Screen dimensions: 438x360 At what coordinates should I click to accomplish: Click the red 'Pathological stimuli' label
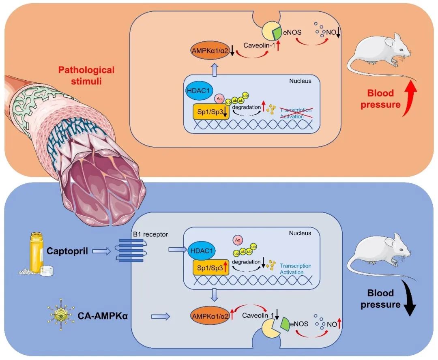point(86,75)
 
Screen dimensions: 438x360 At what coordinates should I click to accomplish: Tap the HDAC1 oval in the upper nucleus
point(198,90)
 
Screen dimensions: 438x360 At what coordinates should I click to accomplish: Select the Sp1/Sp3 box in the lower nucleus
point(211,268)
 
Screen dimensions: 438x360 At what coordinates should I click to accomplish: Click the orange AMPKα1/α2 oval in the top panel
point(210,51)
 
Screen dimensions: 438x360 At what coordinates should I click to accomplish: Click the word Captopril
point(67,251)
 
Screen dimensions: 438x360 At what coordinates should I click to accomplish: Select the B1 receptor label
point(150,234)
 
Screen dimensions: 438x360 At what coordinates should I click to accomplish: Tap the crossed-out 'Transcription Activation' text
point(296,113)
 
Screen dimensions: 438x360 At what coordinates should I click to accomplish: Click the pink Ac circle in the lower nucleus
point(237,240)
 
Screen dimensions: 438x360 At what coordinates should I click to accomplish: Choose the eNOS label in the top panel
point(292,32)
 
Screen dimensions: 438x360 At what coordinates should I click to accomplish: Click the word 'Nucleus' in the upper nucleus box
point(300,81)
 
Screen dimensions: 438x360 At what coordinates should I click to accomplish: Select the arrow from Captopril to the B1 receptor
point(101,251)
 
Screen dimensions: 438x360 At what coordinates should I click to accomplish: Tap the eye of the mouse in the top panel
point(401,50)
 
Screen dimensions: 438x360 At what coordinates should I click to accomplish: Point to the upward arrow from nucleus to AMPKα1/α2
point(215,70)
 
